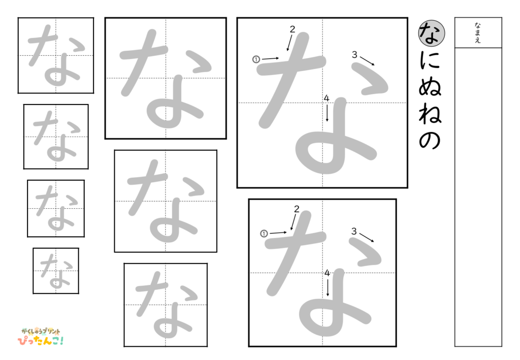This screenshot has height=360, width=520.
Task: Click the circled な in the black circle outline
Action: [432, 31]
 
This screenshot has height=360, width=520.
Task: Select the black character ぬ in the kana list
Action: [431, 88]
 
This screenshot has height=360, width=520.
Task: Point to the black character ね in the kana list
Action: [431, 114]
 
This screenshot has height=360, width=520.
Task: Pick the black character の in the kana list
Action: [431, 141]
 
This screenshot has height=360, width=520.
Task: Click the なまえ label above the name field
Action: [478, 32]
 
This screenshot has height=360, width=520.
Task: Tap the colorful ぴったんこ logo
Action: [41, 336]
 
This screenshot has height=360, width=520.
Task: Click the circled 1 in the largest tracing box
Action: [256, 59]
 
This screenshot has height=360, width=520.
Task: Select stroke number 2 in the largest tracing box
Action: [292, 29]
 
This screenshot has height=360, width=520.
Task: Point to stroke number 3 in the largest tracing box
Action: [354, 55]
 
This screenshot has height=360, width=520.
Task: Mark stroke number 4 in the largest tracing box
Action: [327, 98]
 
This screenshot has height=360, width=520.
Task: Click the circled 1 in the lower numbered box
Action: [264, 234]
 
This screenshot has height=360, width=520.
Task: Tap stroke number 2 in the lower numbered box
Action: [297, 209]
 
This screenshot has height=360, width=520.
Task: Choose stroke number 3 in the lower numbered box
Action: [354, 232]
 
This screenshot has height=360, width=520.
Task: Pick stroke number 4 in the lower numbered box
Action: [328, 273]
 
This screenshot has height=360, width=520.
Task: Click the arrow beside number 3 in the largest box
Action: [368, 61]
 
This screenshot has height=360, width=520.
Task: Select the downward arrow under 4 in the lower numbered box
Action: [328, 287]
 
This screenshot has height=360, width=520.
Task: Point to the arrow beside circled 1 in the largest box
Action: [271, 59]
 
